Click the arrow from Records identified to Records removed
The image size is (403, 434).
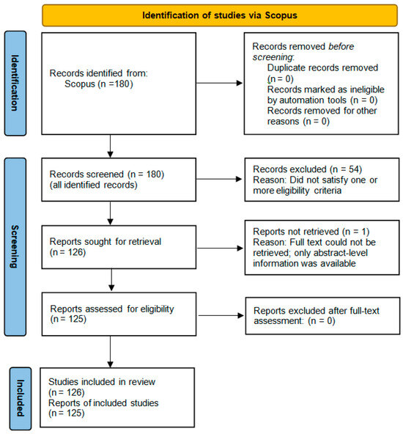coord(221,83)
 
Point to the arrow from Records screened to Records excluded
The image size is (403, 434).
coord(221,180)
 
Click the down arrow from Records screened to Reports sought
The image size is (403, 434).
coord(109,213)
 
